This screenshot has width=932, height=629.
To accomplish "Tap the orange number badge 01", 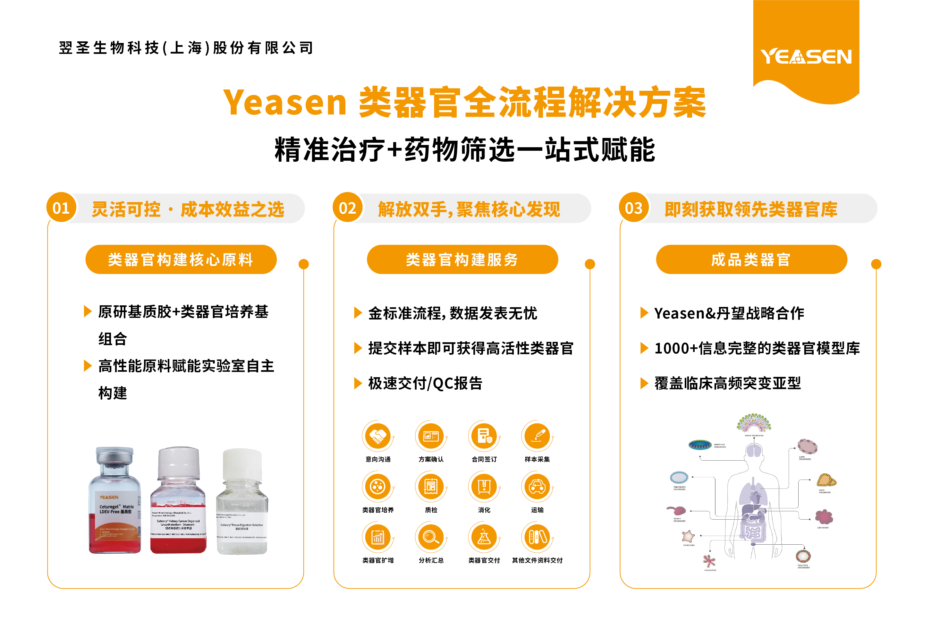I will pyautogui.click(x=61, y=208).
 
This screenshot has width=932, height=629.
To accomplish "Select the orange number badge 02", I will pyautogui.click(x=347, y=208).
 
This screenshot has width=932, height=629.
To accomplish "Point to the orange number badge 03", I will pyautogui.click(x=634, y=208).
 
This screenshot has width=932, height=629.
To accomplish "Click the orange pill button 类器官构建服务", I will pyautogui.click(x=462, y=259).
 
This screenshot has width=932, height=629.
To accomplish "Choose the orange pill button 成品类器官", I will pyautogui.click(x=751, y=259).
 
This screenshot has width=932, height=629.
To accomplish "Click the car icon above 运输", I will pyautogui.click(x=537, y=487).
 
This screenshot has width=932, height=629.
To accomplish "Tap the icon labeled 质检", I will pyautogui.click(x=431, y=487).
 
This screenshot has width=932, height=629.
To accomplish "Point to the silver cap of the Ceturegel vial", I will pyautogui.click(x=114, y=455).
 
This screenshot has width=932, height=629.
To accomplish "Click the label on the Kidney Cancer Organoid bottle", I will pyautogui.click(x=178, y=523).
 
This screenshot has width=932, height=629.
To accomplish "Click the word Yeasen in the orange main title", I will pyautogui.click(x=285, y=103).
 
